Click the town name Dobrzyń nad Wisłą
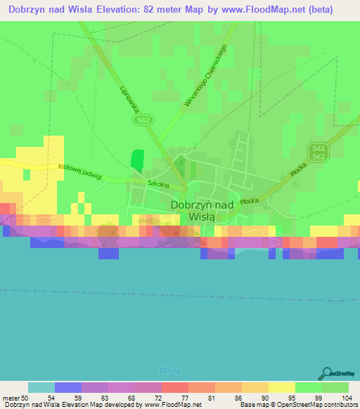point(202,211)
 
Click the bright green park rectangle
point(136,161)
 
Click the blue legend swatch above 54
point(67,387)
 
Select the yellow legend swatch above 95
point(281,387)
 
